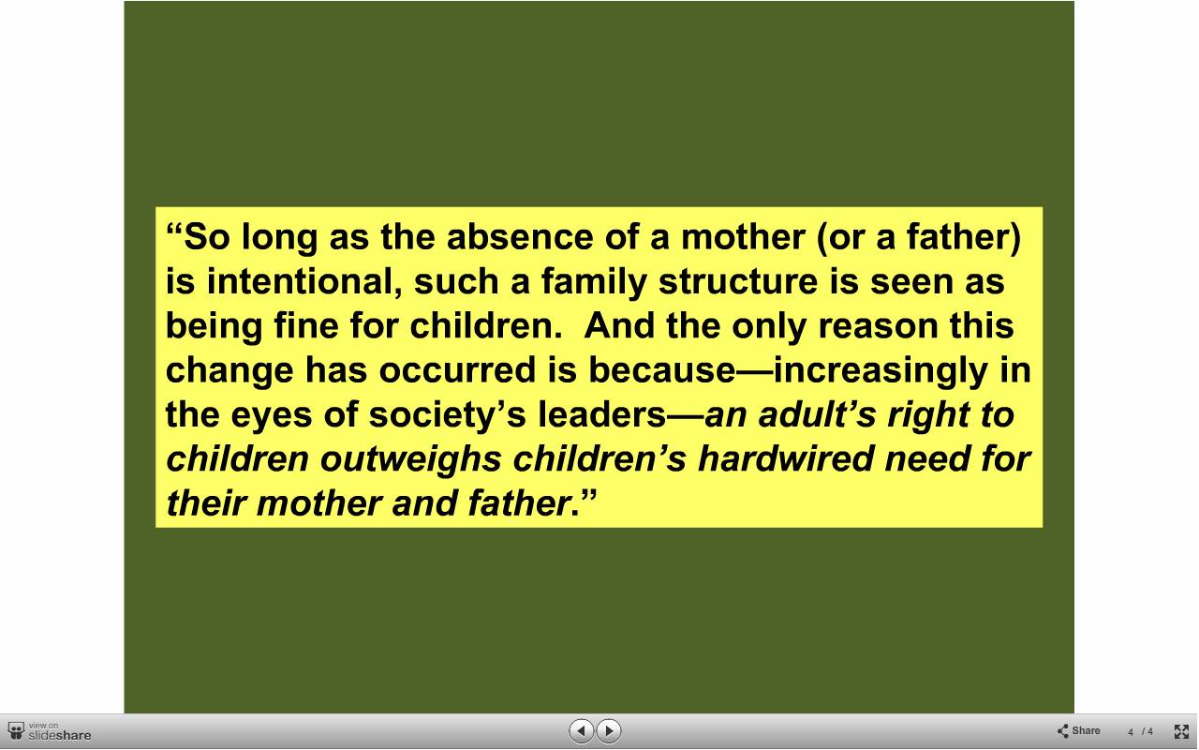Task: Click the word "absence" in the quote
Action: point(520,237)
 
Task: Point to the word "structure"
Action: point(738,282)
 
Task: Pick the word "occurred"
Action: point(458,370)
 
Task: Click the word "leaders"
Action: point(601,414)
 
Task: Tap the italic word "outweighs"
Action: point(411,460)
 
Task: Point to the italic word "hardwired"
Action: point(786,459)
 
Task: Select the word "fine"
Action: point(306,325)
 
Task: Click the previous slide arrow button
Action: point(581,730)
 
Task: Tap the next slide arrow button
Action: point(608,730)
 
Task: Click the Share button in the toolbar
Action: point(1078,730)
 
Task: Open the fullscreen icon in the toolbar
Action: point(1181,731)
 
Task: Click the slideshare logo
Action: point(50,731)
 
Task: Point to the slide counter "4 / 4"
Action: point(1141,732)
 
